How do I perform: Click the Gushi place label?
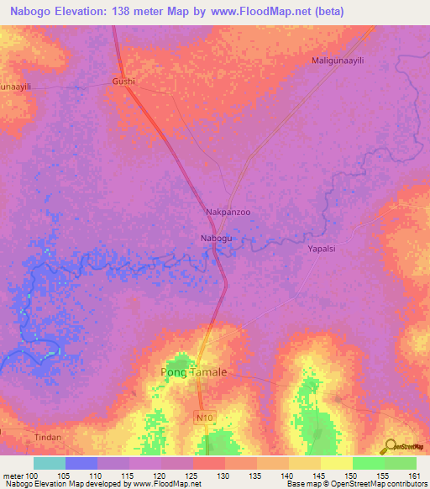(123, 81)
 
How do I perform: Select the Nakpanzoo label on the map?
(228, 213)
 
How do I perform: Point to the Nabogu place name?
(216, 239)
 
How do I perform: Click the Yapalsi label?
(322, 250)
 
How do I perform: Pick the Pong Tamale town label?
(193, 371)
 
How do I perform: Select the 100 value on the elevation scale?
(33, 476)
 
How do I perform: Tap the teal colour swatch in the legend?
(49, 463)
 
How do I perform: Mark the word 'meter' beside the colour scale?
(13, 476)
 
